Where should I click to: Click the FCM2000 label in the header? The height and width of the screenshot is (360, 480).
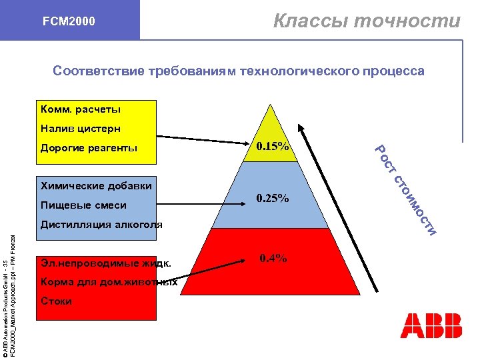[x=69, y=21]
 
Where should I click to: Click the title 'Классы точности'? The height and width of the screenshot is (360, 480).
[x=367, y=21]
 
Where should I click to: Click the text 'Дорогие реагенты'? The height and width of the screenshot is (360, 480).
[x=89, y=148]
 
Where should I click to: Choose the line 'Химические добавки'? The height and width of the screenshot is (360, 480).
[x=96, y=186]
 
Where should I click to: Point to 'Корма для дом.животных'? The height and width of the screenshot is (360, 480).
[x=109, y=282]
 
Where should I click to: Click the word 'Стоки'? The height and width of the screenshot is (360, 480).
[x=56, y=301]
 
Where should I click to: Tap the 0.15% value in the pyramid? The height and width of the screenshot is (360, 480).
[x=272, y=146]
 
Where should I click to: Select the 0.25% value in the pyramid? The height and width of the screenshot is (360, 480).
[x=273, y=198]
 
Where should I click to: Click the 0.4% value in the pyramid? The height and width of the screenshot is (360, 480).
[x=273, y=258]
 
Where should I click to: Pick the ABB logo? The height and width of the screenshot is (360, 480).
[x=431, y=325]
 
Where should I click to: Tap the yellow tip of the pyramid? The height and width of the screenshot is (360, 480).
[x=269, y=123]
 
